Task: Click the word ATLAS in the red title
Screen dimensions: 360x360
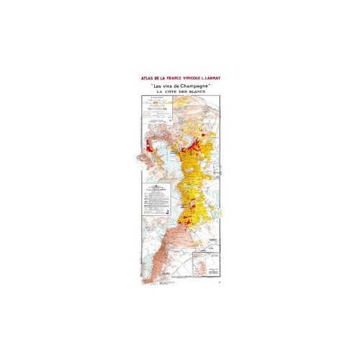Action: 135,76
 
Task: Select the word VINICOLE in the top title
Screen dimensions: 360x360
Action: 192,76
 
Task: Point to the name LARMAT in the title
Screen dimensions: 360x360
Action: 217,76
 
